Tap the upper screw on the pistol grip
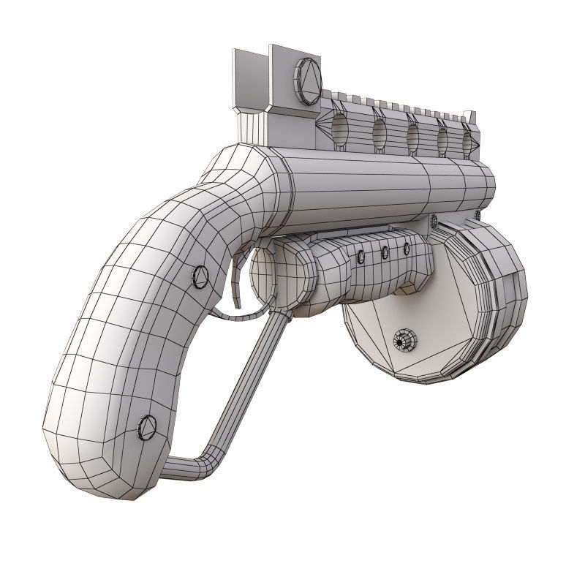[x=200, y=276]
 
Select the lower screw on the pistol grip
[x=147, y=426]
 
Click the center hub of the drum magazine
[x=404, y=340]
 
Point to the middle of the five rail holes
[x=412, y=136]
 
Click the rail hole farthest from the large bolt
[x=467, y=142]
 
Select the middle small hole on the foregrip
[x=385, y=253]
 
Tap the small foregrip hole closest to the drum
[x=407, y=249]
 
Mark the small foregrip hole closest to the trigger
[x=361, y=257]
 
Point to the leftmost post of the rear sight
[x=242, y=80]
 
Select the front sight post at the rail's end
[x=469, y=118]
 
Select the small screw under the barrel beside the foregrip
[x=434, y=219]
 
